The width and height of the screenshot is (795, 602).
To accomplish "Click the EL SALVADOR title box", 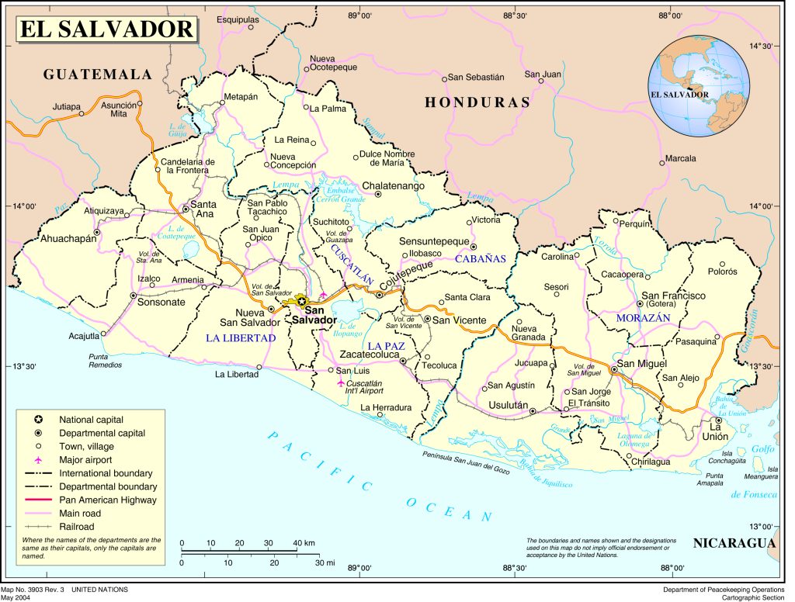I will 106,29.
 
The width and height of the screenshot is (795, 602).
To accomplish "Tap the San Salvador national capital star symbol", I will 302,301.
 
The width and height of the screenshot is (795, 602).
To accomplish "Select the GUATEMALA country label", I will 97,74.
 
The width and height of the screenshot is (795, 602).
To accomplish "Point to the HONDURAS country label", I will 477,102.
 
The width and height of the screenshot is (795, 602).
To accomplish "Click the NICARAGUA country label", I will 734,543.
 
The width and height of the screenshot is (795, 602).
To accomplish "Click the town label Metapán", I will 240,97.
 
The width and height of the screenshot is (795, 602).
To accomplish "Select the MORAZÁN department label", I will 643,319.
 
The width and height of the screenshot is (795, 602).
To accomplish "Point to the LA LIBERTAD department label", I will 241,338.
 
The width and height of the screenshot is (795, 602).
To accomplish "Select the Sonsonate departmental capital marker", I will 133,296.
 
